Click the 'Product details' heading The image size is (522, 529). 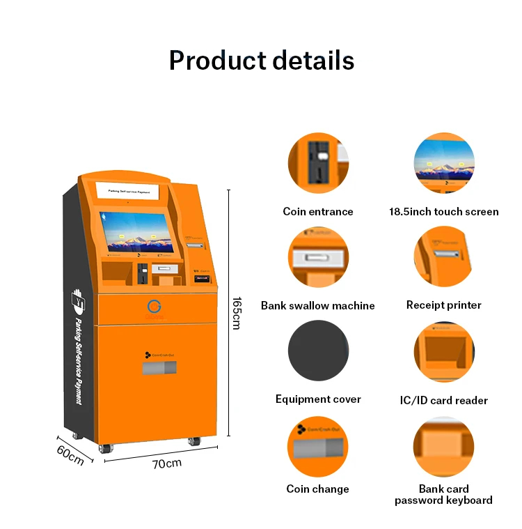(261, 61)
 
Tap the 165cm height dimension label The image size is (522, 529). (237, 312)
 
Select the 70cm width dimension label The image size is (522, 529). (168, 463)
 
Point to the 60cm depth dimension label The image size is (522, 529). (70, 454)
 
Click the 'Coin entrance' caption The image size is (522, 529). (318, 212)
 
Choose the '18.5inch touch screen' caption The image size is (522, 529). (443, 212)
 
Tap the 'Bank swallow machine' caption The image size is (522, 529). (318, 305)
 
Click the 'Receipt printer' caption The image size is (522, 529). (443, 305)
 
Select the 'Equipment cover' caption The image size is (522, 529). (318, 399)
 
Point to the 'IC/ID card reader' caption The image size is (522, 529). (443, 400)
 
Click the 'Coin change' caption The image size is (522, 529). (318, 489)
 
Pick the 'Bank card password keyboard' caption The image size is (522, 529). (443, 495)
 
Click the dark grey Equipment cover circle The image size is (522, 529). (318, 351)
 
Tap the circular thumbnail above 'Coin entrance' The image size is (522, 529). (318, 163)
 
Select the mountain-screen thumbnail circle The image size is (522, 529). (444, 163)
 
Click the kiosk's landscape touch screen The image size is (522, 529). (136, 232)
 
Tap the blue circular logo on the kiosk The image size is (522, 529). (154, 306)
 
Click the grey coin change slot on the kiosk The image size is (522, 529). (159, 368)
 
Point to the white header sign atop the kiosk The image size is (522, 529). (128, 190)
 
